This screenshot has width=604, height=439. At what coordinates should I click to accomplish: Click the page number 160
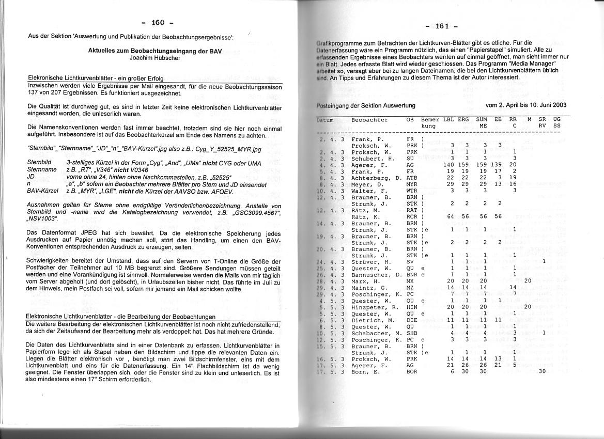(x=158, y=22)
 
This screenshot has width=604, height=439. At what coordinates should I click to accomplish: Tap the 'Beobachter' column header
(x=369, y=120)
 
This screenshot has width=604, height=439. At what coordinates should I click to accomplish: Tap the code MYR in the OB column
(x=412, y=184)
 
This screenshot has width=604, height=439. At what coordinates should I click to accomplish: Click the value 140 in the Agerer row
(x=448, y=165)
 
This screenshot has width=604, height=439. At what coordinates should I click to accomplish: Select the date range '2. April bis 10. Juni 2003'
(x=526, y=105)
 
